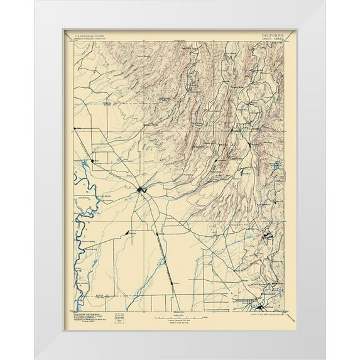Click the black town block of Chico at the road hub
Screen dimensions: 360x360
click(x=143, y=189)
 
